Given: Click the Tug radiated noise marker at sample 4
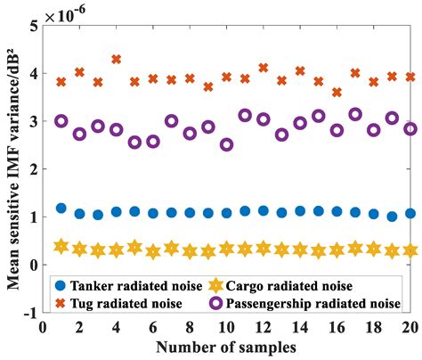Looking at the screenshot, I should click(x=116, y=60).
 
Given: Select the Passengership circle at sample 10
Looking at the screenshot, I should click(x=226, y=144).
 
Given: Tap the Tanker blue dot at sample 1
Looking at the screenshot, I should click(x=61, y=208).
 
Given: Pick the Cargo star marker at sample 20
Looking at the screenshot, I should click(x=410, y=250).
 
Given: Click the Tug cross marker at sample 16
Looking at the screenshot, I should click(x=337, y=92).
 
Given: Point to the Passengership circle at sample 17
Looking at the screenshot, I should click(x=355, y=114).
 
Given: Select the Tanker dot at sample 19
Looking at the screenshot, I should click(x=392, y=217).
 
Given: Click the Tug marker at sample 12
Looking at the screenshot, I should click(x=263, y=68).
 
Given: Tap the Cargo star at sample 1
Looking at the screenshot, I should click(x=61, y=246).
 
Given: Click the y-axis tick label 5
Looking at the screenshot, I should click(x=33, y=27).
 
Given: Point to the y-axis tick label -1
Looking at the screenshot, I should click(x=29, y=313).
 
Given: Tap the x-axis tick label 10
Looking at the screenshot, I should click(x=226, y=327).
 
